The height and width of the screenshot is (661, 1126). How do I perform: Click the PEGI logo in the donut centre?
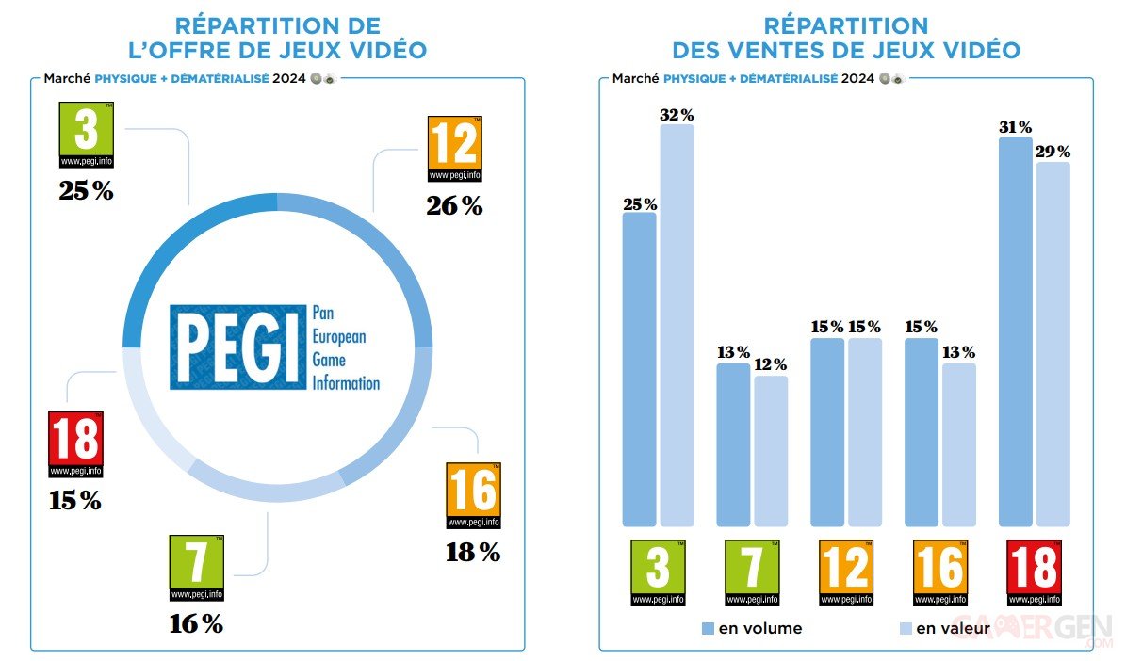click(x=274, y=347)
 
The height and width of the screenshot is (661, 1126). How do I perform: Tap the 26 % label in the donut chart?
click(x=454, y=205)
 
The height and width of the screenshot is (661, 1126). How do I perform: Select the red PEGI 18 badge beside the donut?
click(x=75, y=444)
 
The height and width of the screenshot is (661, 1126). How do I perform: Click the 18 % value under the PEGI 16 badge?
click(x=473, y=553)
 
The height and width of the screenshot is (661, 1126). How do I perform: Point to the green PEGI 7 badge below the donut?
click(x=196, y=568)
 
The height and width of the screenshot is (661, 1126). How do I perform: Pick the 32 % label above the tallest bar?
click(x=677, y=115)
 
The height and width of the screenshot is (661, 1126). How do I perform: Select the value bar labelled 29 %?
click(x=1053, y=344)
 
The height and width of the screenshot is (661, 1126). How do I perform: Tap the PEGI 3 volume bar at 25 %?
click(x=639, y=369)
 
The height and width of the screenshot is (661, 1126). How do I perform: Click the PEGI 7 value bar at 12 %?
click(x=771, y=451)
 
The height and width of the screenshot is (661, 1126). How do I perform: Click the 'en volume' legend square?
click(x=708, y=627)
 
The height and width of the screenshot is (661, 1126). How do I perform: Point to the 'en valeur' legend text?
click(x=954, y=628)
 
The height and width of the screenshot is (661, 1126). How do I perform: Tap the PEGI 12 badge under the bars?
click(x=846, y=572)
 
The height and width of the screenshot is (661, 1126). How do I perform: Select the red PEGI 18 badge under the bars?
click(x=1034, y=572)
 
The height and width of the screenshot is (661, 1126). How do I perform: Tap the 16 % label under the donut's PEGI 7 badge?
click(x=197, y=623)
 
